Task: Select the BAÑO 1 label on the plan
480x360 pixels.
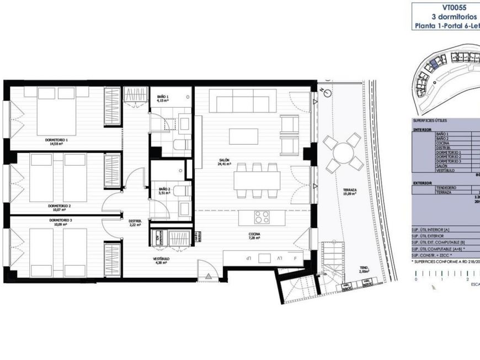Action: click(163, 99)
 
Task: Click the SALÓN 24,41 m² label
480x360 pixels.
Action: click(223, 162)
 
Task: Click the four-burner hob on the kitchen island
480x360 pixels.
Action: click(262, 217)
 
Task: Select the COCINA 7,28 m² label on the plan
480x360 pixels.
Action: click(254, 236)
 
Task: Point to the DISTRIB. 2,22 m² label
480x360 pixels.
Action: click(136, 223)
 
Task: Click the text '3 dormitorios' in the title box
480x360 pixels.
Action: click(454, 17)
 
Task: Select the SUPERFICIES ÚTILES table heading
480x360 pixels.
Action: click(430, 120)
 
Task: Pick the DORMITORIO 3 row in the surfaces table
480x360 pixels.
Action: click(448, 161)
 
